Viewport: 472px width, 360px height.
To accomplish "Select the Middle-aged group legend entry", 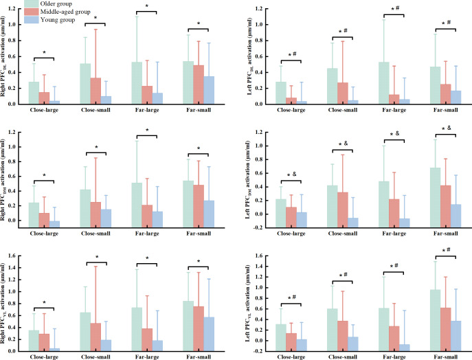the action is (57, 12).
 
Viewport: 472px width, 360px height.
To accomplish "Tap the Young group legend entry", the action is (49, 20).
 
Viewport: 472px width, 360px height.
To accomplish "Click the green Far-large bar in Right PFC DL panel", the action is (137, 83).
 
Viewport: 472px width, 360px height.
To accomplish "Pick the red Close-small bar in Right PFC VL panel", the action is (95, 337).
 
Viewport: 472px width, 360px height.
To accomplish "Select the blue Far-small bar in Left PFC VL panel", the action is (456, 336).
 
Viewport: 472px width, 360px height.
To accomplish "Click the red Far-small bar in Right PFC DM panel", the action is (199, 206).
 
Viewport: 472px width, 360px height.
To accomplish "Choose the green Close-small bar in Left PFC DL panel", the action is (333, 86).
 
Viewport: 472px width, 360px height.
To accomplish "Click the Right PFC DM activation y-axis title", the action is (3, 180).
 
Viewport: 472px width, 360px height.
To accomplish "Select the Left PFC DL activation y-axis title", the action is (249, 56).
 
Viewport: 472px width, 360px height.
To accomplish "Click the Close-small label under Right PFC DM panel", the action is (95, 234).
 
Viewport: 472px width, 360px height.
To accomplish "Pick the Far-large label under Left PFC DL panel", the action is (394, 110).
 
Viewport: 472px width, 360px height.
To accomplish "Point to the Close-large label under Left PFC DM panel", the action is (291, 234).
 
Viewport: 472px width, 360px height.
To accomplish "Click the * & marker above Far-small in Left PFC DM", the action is (447, 128).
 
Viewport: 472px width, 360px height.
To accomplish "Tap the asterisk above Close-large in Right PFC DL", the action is (44, 53).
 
